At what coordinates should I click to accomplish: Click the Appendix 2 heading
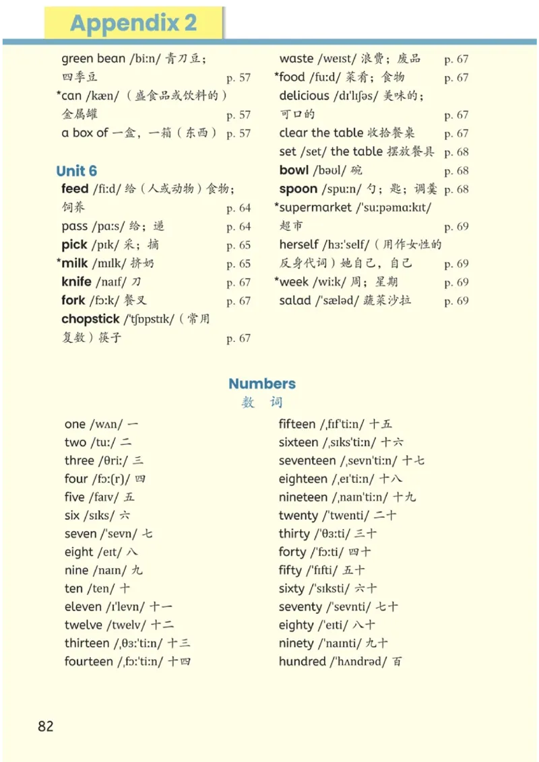(x=133, y=24)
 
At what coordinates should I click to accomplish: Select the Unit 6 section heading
(x=77, y=170)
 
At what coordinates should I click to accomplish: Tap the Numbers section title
(x=262, y=384)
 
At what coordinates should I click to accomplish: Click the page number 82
(x=46, y=726)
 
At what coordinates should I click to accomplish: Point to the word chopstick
(x=90, y=319)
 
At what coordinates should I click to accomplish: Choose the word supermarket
(x=315, y=207)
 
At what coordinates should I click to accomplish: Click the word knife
(x=76, y=282)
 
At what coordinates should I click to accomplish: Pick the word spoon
(x=298, y=189)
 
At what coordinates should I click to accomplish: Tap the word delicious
(x=305, y=96)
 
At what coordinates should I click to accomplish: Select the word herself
(x=299, y=244)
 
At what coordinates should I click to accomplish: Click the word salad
(x=295, y=300)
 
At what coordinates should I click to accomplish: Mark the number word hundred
(x=303, y=661)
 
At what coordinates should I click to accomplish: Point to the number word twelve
(x=84, y=625)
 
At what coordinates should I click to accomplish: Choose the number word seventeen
(x=307, y=460)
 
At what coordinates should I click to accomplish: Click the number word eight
(x=79, y=552)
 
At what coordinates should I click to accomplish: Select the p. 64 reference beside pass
(x=239, y=227)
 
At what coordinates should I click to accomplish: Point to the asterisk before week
(x=277, y=281)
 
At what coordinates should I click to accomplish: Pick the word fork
(x=73, y=300)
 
